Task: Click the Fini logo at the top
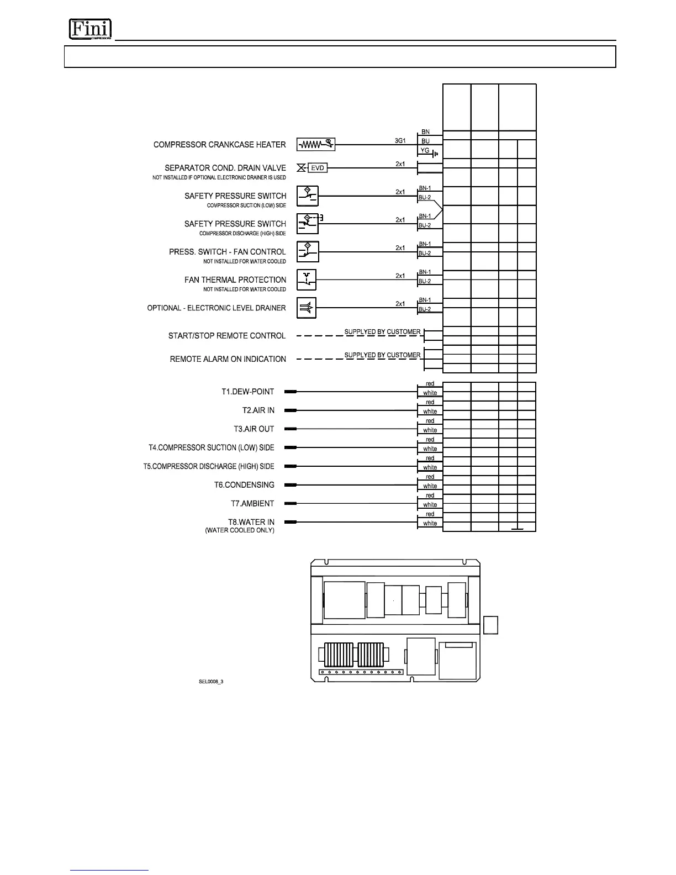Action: coord(90,29)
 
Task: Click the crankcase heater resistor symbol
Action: coord(316,145)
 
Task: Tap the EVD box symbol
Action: coord(318,168)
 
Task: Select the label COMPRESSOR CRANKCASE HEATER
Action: coord(220,145)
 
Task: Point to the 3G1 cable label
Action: coord(400,141)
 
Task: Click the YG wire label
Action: coord(425,151)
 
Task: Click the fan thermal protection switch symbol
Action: coord(307,280)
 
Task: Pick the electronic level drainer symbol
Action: coord(307,308)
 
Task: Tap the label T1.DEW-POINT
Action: coord(248,392)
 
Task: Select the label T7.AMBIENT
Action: coord(252,503)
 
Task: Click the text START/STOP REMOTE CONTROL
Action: coord(227,336)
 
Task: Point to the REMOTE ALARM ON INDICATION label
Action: coord(228,359)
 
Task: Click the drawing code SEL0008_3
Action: coord(211,682)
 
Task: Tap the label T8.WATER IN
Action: coord(251,522)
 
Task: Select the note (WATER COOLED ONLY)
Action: coord(240,530)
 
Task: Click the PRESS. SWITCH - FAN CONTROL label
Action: coord(228,252)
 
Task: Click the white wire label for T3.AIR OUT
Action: coord(430,430)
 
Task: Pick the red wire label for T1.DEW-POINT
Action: coord(430,384)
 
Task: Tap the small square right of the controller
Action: coord(490,625)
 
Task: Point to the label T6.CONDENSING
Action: coord(244,485)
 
